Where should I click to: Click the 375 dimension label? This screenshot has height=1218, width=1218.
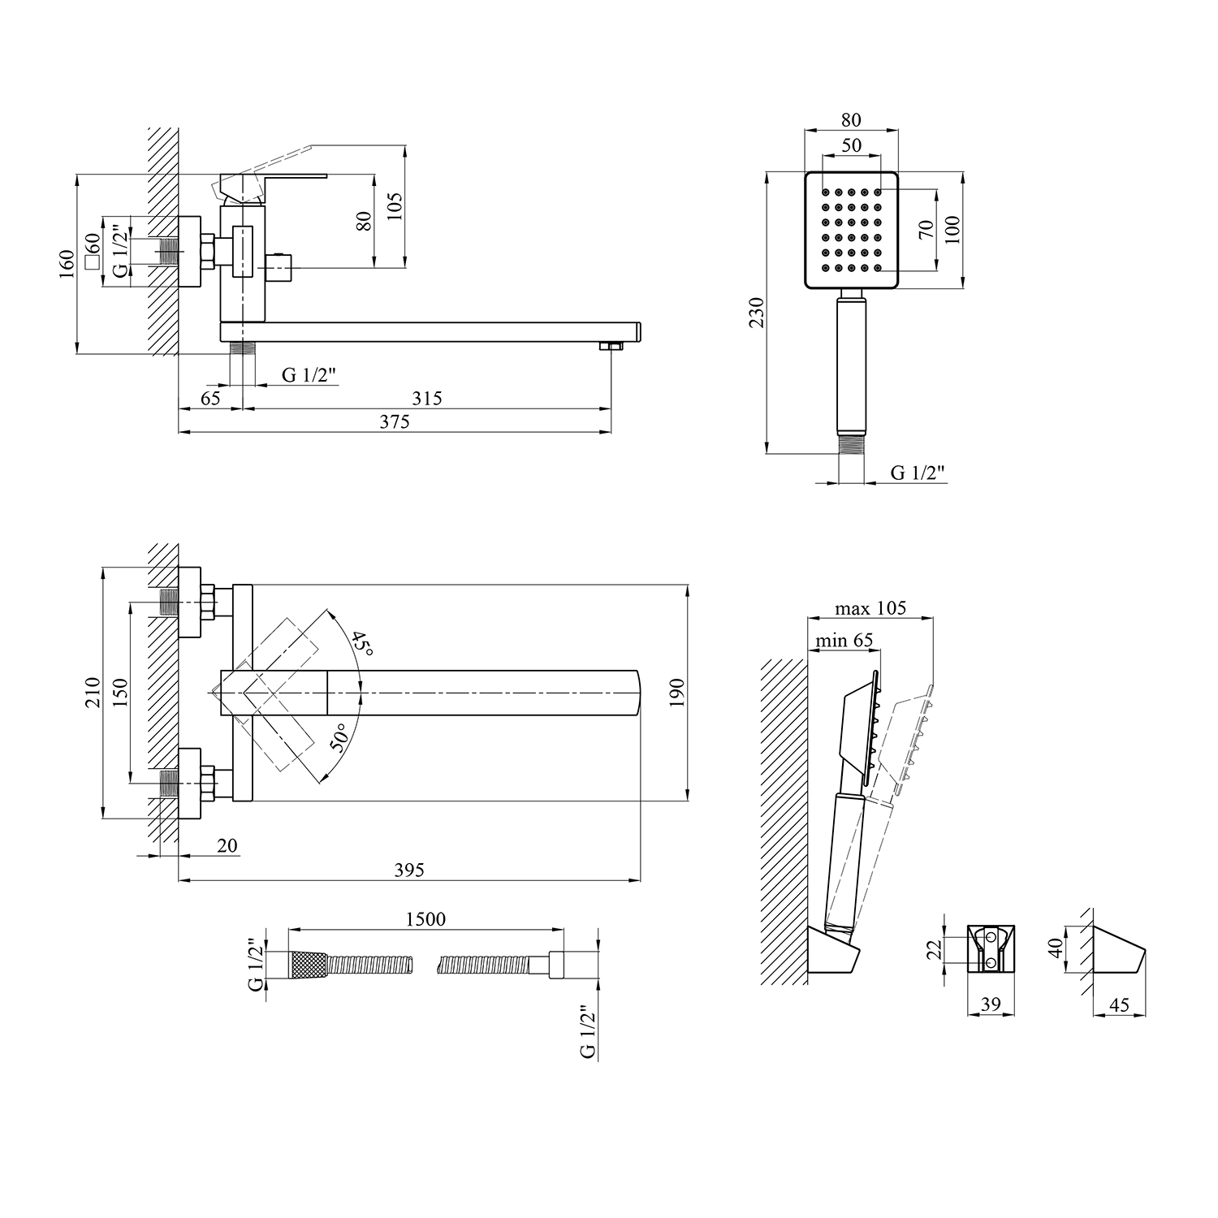coord(394,421)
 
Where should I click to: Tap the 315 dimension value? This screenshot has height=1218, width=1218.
coord(426,398)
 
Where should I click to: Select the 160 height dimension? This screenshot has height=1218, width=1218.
coord(67,264)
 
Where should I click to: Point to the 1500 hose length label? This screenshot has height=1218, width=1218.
coord(425,918)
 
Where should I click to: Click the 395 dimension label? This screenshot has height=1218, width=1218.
coord(408,870)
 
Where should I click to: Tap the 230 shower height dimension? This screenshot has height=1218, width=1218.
coord(756,313)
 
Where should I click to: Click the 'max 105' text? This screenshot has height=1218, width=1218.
coord(870,608)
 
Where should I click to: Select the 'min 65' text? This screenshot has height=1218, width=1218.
coord(844,640)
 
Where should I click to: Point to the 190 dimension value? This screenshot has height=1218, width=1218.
coord(677,692)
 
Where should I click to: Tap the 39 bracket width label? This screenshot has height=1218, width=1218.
coord(990,1004)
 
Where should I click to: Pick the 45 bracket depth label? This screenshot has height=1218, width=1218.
coord(1119,1004)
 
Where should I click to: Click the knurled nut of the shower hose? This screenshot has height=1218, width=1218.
coord(309,965)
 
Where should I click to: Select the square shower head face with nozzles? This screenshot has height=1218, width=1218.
coord(852,230)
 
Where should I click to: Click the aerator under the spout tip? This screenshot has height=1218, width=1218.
coord(611,348)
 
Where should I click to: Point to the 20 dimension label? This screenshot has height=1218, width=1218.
coord(227,845)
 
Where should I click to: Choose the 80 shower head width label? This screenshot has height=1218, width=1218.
coord(851,119)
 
